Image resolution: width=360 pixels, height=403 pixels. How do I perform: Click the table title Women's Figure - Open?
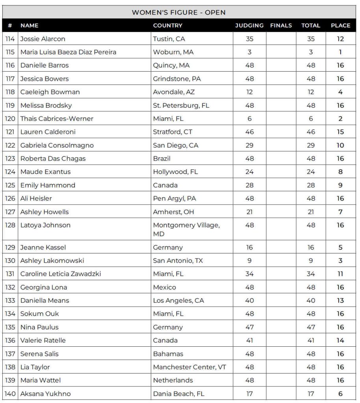178,12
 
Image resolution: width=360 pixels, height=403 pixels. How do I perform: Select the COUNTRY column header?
167,26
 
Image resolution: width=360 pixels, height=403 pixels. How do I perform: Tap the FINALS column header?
281,26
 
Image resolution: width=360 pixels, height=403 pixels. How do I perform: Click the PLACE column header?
340,26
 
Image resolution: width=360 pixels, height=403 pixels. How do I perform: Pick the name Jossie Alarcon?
43,39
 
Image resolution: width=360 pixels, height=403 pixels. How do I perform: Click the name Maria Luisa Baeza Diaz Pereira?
68,52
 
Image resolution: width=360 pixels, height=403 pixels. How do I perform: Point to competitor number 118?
10,92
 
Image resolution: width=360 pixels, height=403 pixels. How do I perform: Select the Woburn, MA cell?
173,52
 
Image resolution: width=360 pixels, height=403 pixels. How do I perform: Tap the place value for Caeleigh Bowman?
340,92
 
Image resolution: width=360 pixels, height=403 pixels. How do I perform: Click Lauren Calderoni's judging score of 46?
249,132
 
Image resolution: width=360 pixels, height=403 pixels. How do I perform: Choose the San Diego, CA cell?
175,145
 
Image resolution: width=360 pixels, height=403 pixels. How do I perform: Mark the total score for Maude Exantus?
311,172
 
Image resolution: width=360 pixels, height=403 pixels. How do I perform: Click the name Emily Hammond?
48,185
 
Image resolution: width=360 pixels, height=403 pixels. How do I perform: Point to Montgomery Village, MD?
186,229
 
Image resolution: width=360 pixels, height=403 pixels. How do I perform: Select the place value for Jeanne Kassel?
340,248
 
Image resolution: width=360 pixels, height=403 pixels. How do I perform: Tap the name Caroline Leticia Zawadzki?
60,274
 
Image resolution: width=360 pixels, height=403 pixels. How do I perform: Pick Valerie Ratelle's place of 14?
340,340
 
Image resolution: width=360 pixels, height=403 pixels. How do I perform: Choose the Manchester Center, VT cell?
189,367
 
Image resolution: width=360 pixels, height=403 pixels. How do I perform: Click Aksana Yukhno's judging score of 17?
249,394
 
